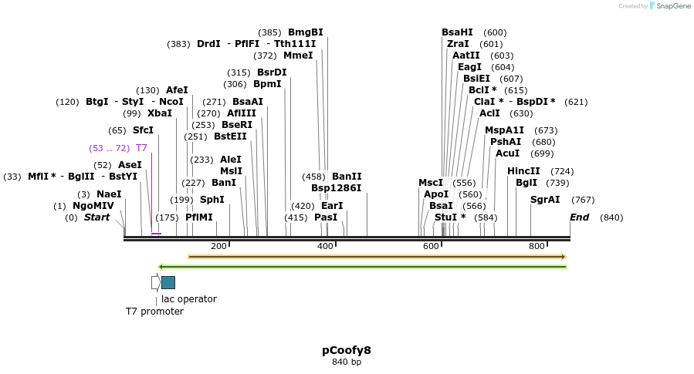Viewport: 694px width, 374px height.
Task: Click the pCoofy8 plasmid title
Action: pos(347,350)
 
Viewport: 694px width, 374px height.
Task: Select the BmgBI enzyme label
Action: pos(305,32)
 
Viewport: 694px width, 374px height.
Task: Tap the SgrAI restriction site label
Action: pos(545,200)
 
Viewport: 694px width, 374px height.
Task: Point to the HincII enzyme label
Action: pos(523,171)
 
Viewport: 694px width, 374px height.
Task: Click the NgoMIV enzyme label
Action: pos(93,206)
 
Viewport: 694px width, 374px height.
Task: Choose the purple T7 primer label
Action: pos(141,148)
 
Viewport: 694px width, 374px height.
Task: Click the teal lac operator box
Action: pos(168,282)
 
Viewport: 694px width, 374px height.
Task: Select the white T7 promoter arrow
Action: pos(155,282)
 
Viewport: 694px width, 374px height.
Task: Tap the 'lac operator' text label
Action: pos(189,299)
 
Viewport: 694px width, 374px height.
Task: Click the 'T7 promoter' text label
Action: pos(154,312)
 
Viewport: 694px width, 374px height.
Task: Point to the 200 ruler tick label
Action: pos(218,246)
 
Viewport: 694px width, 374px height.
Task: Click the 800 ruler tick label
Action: pos(537,246)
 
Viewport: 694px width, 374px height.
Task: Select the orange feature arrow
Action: pos(377,257)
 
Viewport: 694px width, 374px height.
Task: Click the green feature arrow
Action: pos(362,267)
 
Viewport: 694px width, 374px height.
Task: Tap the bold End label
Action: pos(579,217)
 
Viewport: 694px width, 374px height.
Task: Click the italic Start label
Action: pos(96,217)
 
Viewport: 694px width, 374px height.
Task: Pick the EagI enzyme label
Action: pos(469,67)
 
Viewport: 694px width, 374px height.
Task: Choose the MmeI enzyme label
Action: pos(298,56)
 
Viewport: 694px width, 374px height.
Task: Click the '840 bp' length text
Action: pos(347,362)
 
